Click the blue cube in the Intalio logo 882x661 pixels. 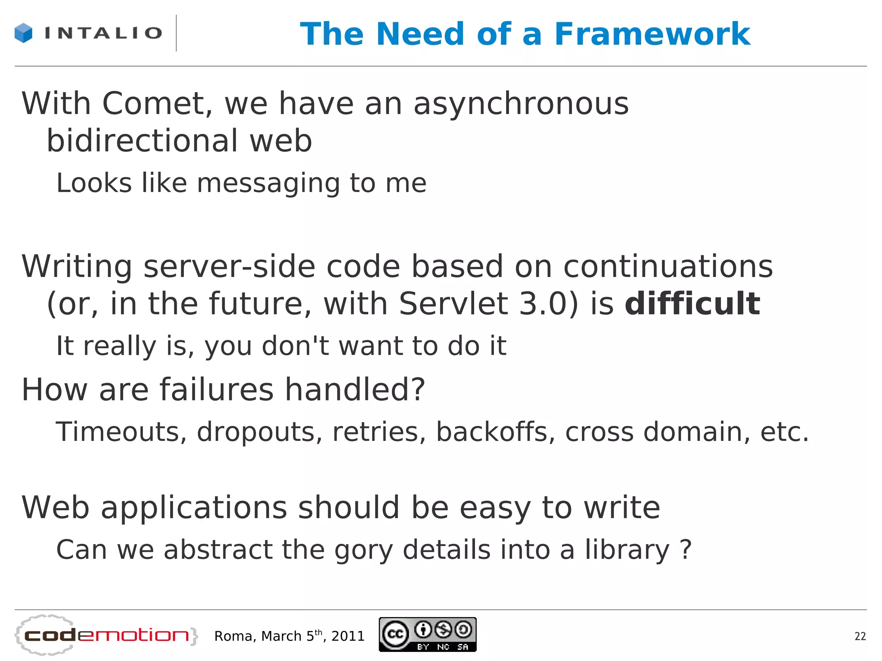[x=23, y=33]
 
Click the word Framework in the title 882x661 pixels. [x=652, y=34]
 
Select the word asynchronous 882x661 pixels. [x=521, y=104]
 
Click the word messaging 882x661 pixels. [x=268, y=183]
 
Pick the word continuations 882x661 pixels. [x=668, y=266]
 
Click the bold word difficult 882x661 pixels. [x=692, y=304]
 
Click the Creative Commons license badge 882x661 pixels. [x=428, y=634]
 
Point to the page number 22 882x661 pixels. [x=860, y=636]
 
